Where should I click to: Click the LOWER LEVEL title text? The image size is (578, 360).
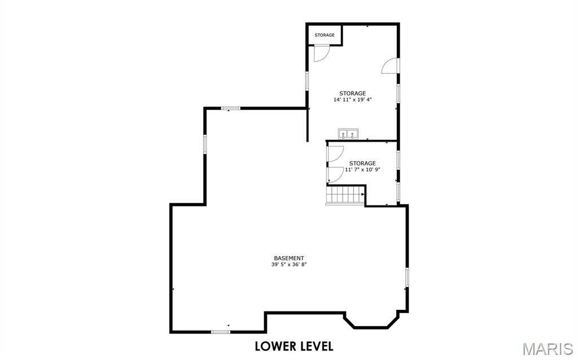(x=294, y=345)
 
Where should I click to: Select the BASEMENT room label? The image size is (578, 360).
(x=289, y=258)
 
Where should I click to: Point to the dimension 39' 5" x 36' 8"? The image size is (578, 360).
(x=289, y=265)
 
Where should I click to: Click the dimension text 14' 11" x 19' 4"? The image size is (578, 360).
(x=352, y=100)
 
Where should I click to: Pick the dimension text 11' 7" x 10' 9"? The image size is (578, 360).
(x=362, y=169)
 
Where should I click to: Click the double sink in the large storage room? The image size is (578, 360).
(x=348, y=134)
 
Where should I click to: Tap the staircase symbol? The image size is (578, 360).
(x=345, y=196)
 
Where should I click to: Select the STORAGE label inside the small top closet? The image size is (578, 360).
(x=325, y=35)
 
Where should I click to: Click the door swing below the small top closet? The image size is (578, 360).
(x=321, y=53)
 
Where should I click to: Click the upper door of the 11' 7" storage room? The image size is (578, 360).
(x=335, y=155)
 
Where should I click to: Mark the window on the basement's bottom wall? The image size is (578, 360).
(x=221, y=332)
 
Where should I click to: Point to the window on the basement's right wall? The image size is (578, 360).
(x=406, y=277)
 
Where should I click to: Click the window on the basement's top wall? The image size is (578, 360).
(x=230, y=108)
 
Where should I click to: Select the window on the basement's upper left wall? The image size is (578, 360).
(x=205, y=143)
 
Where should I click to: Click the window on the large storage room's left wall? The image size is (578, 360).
(x=307, y=80)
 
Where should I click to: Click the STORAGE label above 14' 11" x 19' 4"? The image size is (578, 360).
(x=352, y=93)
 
